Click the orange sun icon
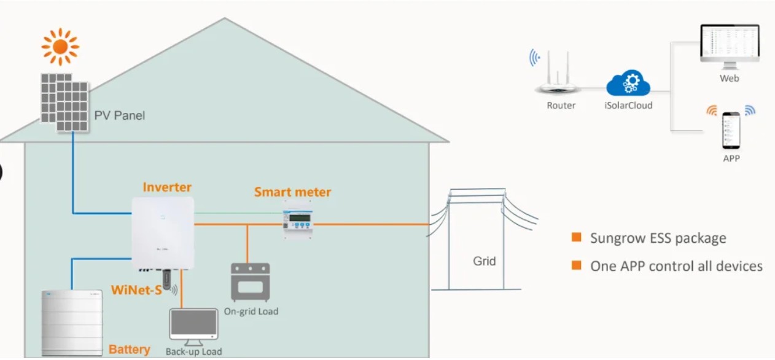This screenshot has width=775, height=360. click(60, 47)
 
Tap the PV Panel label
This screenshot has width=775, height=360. click(119, 115)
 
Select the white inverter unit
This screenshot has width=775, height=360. click(163, 233)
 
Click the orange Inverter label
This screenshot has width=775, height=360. click(167, 187)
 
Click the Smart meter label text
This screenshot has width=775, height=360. click(292, 192)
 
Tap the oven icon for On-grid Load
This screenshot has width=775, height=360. click(250, 282)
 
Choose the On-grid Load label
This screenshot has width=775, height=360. click(251, 311)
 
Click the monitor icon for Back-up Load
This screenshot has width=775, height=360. click(193, 327)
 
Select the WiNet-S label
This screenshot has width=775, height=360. click(136, 290)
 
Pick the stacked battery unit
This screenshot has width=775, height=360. click(72, 323)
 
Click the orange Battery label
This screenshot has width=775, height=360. click(130, 350)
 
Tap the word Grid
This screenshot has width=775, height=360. click(484, 260)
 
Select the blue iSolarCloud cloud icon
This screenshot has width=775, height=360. click(628, 83)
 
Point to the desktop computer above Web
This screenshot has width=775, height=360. click(730, 47)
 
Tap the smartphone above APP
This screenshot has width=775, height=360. click(731, 130)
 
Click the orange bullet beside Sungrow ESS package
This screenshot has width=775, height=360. click(577, 237)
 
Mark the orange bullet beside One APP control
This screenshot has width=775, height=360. click(577, 265)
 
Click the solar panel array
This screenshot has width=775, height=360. click(64, 103)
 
